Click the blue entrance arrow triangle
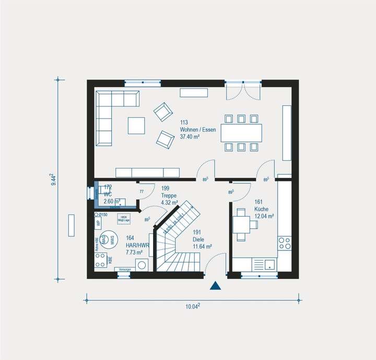pyautogui.click(x=215, y=285)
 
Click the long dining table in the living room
pyautogui.click(x=241, y=133)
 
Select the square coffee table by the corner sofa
pyautogui.click(x=137, y=125)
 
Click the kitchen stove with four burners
pyautogui.click(x=285, y=243)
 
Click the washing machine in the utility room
pyautogui.click(x=142, y=265)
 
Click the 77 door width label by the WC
pyautogui.click(x=141, y=192)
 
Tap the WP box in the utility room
pyautogui.click(x=98, y=223)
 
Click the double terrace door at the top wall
pyautogui.click(x=243, y=90)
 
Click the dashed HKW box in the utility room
pyautogui.click(x=124, y=218)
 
